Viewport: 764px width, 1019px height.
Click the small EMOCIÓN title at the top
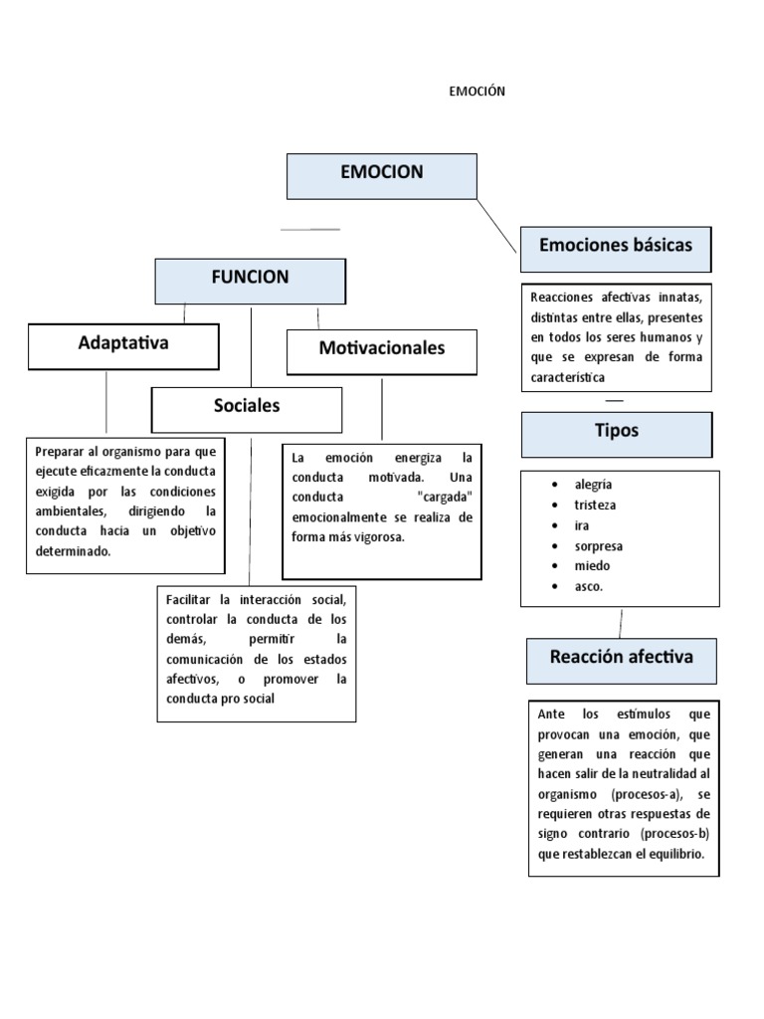point(478,92)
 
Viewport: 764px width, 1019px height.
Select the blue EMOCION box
point(382,175)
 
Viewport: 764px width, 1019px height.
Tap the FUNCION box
point(250,280)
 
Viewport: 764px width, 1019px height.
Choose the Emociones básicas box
point(615,248)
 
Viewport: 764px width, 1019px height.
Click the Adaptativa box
point(124,345)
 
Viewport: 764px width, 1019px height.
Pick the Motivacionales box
point(382,350)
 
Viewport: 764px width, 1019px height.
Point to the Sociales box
point(247,408)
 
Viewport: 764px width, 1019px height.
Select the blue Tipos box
point(617,433)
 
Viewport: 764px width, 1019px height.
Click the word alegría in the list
point(594,485)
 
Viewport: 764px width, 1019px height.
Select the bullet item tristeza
point(595,505)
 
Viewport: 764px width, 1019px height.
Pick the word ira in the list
point(582,525)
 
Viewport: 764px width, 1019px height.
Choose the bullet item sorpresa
point(598,546)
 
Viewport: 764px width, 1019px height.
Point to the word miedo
point(592,566)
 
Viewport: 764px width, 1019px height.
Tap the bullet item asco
point(588,586)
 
